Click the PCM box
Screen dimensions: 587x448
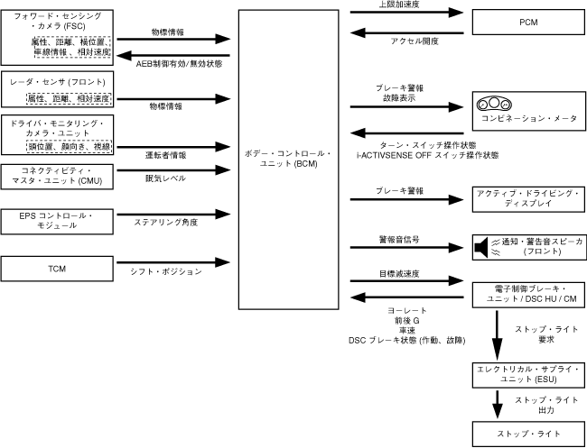(528, 23)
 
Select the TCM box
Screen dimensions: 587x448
(57, 269)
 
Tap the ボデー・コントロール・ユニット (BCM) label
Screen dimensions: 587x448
(288, 159)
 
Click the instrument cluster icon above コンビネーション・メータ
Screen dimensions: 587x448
(494, 104)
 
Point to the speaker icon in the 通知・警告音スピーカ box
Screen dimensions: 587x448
(481, 247)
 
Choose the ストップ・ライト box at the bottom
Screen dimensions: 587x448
(528, 434)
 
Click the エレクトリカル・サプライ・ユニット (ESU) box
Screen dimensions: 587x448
(528, 375)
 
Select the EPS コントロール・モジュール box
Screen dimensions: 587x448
(57, 222)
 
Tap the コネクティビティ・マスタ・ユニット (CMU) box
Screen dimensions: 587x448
(57, 177)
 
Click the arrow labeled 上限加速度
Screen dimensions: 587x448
(407, 13)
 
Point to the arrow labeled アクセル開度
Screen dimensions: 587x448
(407, 32)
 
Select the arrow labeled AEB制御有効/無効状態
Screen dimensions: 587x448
(173, 56)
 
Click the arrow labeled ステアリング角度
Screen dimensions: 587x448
(173, 215)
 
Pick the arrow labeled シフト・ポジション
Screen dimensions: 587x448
(173, 262)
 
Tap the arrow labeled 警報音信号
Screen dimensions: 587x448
(407, 247)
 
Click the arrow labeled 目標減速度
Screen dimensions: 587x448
(407, 280)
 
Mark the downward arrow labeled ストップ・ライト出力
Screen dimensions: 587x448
(498, 405)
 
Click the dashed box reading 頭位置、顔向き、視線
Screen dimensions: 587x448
(70, 146)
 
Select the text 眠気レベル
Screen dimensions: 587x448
(166, 178)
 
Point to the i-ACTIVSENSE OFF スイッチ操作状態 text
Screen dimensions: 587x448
(427, 155)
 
